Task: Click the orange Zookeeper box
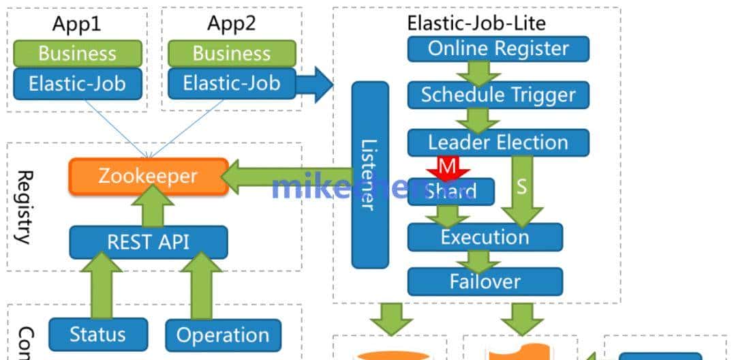[x=149, y=177]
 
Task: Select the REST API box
[x=149, y=241]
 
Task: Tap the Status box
[x=97, y=334]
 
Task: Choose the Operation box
[x=223, y=335]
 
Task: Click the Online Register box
[x=498, y=48]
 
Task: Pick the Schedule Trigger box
[x=498, y=95]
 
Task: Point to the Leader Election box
[x=498, y=142]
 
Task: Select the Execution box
[x=485, y=237]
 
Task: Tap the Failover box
[x=485, y=281]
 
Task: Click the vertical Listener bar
[x=370, y=175]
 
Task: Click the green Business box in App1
[x=77, y=53]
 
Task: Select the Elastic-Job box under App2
[x=232, y=84]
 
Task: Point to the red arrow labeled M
[x=446, y=166]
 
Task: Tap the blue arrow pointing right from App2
[x=315, y=85]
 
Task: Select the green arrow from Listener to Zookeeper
[x=286, y=177]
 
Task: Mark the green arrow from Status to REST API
[x=97, y=284]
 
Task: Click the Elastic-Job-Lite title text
[x=476, y=22]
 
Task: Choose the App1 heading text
[x=76, y=24]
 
